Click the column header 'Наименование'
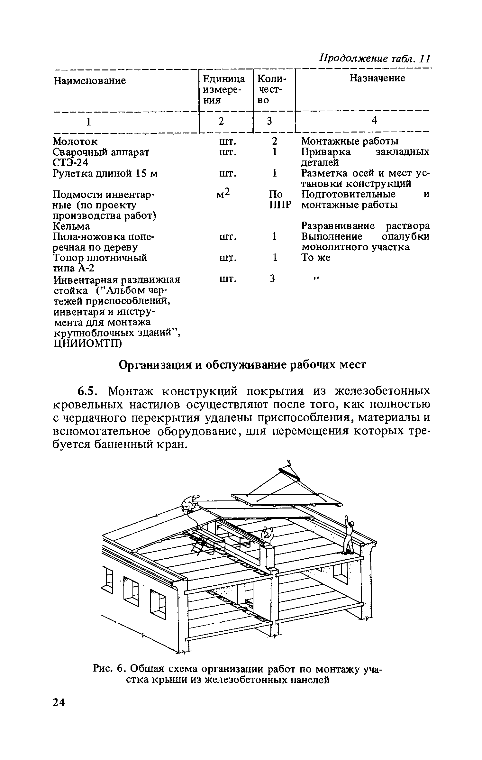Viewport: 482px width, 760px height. [89, 80]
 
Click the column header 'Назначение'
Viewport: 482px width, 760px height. [377, 78]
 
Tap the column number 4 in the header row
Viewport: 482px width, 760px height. [374, 120]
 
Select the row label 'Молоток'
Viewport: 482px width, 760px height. [75, 141]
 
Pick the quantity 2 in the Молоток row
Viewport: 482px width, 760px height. [274, 141]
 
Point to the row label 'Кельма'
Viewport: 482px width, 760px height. [71, 226]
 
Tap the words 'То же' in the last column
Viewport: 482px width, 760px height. [316, 258]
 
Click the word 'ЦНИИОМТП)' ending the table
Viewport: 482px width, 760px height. [87, 343]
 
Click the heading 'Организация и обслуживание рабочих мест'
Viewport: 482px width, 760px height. [243, 365]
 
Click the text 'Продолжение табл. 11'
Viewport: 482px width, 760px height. [374, 59]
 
